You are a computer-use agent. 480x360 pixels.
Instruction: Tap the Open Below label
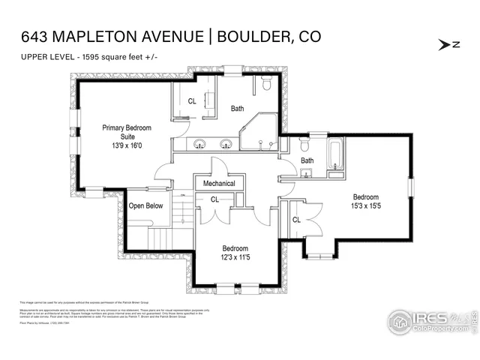[x=145, y=205]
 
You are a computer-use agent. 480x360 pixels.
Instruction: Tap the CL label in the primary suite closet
[x=192, y=101]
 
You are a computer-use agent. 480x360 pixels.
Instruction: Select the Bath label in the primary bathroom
[x=237, y=109]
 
